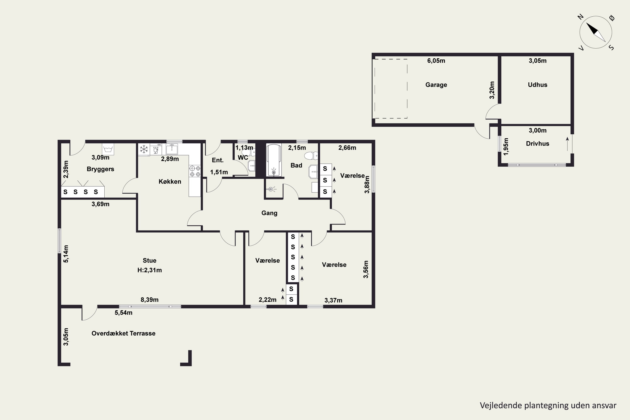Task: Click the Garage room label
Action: coord(436,85)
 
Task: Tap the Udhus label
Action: coord(537,85)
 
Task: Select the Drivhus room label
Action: coord(537,144)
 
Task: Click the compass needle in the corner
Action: coord(596,32)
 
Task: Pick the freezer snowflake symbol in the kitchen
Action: coord(144,149)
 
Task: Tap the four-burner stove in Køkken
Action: coord(195,171)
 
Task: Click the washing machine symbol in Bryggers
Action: coord(108,149)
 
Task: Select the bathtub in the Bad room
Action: coord(273,160)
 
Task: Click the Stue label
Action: coord(150,260)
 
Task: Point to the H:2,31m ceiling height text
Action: coord(150,270)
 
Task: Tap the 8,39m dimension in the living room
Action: coord(150,300)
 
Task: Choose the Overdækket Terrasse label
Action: coord(123,333)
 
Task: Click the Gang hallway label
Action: coord(269,213)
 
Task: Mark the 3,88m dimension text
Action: coord(367,184)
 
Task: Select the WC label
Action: coord(243,157)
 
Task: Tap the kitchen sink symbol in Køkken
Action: coord(172,149)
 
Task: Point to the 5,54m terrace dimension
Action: coord(123,313)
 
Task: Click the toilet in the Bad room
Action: coord(311,156)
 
